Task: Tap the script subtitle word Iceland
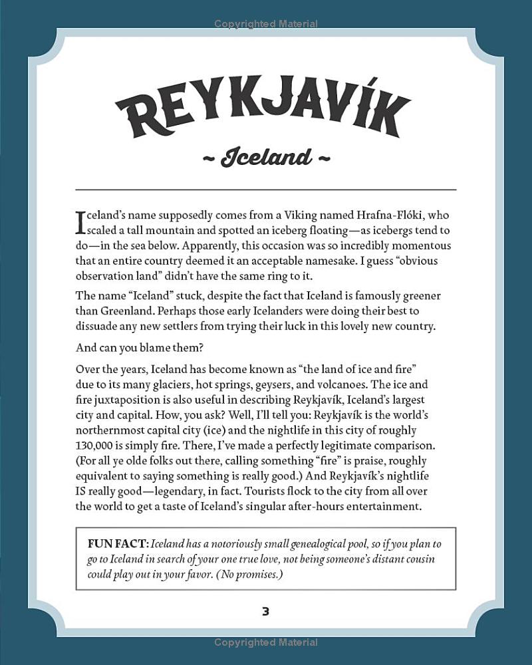pyautogui.click(x=265, y=158)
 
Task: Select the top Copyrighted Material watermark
pyautogui.click(x=265, y=25)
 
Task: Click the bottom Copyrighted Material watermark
pyautogui.click(x=265, y=643)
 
